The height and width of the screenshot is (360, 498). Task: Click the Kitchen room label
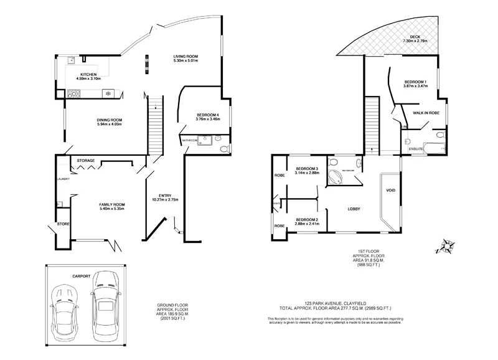point(88,75)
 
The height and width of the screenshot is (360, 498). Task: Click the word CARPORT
point(81,275)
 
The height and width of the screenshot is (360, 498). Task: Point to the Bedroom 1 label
point(415,82)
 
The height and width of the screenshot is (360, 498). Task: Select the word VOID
point(390,190)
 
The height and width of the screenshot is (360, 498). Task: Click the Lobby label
point(354,209)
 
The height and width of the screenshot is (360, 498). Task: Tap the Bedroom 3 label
point(307,169)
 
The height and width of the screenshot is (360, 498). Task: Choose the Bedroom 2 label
point(307,219)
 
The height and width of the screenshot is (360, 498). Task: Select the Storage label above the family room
point(86,161)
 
